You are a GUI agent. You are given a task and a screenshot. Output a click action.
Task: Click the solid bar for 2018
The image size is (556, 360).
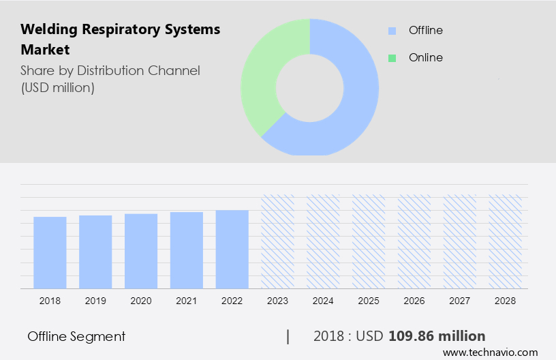(x=50, y=252)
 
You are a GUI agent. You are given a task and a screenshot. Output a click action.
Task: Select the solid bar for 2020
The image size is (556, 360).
(x=141, y=251)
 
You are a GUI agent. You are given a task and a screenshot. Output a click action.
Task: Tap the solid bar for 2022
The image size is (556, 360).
(x=232, y=249)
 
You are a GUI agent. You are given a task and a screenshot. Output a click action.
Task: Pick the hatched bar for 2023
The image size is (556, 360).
(x=278, y=241)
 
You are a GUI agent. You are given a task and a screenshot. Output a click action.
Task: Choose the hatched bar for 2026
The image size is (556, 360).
(x=414, y=241)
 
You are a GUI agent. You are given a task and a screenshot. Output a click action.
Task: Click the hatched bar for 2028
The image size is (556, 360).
(x=506, y=241)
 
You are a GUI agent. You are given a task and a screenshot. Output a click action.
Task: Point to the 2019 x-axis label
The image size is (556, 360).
(x=95, y=300)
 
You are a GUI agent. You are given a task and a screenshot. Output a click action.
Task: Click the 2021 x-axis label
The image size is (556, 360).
(x=187, y=300)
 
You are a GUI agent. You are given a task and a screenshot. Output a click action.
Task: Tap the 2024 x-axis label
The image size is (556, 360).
(x=324, y=300)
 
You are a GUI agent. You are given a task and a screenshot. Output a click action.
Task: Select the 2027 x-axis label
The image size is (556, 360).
(x=460, y=300)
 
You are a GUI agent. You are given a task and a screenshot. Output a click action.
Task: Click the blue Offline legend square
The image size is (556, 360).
(x=392, y=31)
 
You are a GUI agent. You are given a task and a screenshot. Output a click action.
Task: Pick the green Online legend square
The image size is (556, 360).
(x=392, y=58)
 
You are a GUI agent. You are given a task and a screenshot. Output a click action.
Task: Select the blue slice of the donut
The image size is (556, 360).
(x=354, y=102)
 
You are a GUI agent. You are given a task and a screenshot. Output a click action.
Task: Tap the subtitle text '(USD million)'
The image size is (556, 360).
(x=58, y=87)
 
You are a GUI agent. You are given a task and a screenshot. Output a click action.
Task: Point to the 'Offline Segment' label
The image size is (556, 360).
(x=76, y=336)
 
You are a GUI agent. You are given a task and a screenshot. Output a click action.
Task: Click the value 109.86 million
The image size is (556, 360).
(x=437, y=336)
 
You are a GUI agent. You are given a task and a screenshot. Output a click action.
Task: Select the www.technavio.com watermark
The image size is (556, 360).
(x=491, y=352)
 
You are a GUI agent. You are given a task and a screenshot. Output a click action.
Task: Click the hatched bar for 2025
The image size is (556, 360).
(x=369, y=241)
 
